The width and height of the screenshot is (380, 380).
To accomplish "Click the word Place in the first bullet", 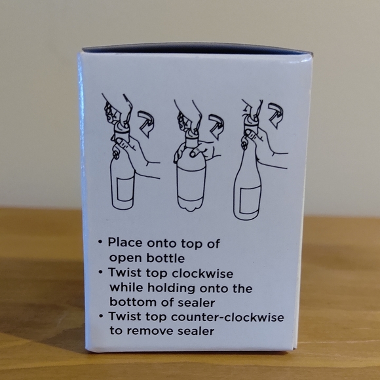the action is coord(125,243).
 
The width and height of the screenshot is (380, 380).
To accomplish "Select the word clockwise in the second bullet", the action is coord(202,274).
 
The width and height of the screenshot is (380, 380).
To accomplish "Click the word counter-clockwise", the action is coord(227,317).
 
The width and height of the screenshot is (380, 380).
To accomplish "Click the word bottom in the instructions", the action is coord(133,303).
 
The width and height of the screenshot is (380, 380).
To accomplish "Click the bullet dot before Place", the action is coord(100,242).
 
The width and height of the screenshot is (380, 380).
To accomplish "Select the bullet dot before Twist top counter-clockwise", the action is coord(101,316).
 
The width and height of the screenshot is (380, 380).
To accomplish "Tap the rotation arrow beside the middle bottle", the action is coord(216,126).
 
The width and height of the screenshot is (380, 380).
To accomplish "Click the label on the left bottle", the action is coord(125,190).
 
